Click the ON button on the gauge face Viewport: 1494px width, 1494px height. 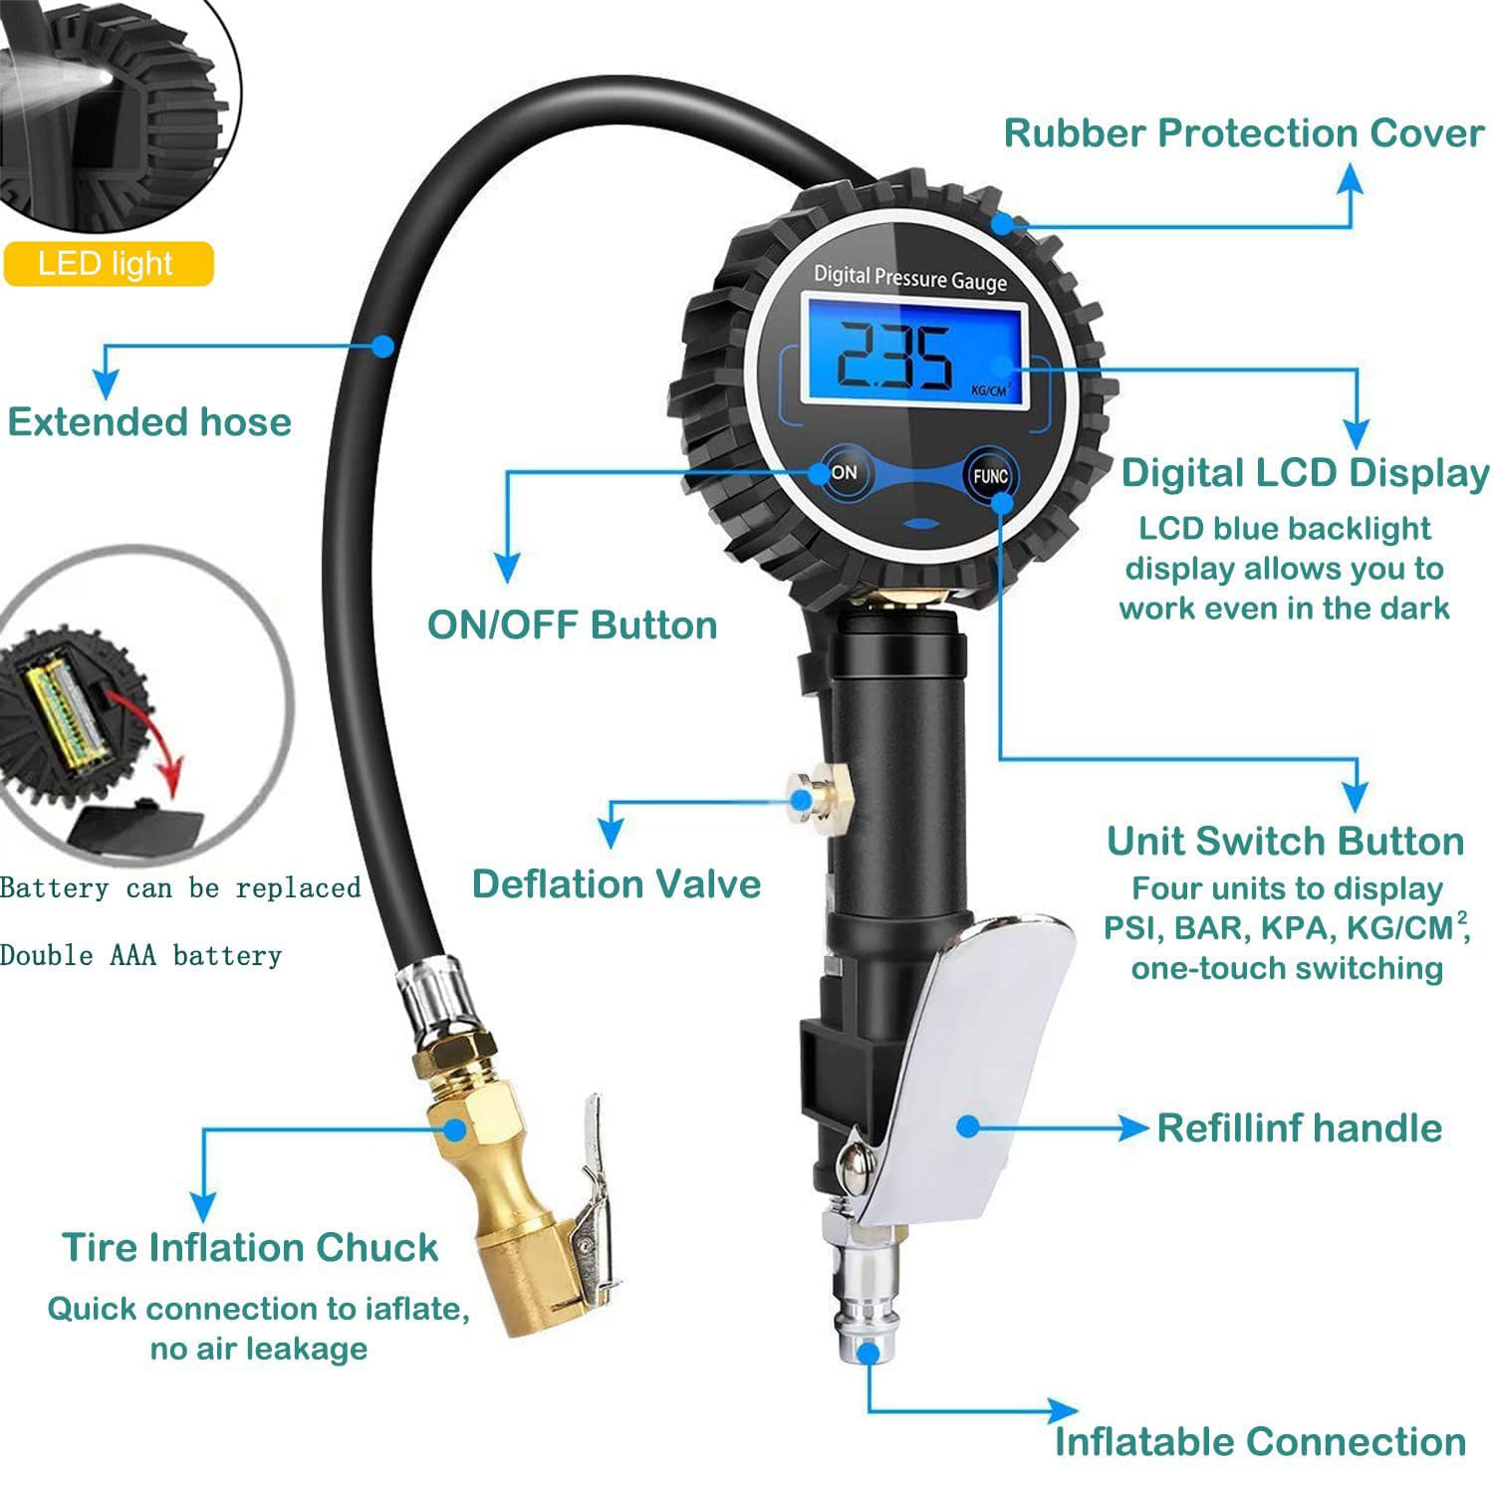point(843,473)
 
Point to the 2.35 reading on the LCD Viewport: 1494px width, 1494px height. point(892,358)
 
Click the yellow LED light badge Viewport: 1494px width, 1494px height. point(108,264)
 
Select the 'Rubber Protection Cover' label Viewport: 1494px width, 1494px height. point(1243,133)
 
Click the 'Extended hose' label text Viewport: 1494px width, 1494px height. point(149,421)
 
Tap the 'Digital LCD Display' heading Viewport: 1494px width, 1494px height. point(1305,473)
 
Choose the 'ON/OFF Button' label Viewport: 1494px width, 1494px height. point(572,624)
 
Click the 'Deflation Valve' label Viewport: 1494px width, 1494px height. point(616,883)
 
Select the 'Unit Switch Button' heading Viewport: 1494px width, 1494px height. point(1285,841)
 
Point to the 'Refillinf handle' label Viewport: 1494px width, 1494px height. point(1299,1127)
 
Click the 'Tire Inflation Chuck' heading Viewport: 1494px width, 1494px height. point(250,1247)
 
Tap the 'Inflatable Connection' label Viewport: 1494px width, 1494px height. point(1260,1440)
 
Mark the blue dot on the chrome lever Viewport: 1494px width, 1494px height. point(966,1126)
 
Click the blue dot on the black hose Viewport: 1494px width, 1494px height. point(382,346)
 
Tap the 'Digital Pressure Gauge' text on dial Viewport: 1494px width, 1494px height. point(909,278)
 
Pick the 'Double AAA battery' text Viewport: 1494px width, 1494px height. point(140,955)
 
